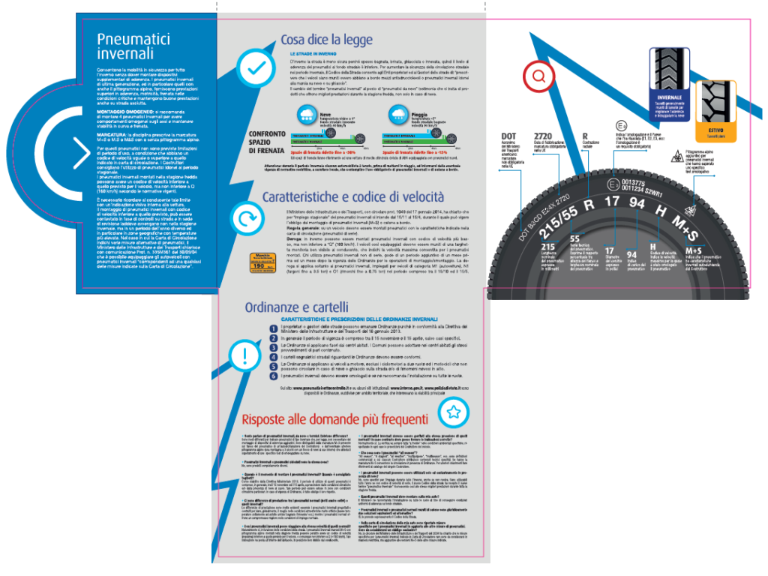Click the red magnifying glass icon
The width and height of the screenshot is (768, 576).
click(x=538, y=75)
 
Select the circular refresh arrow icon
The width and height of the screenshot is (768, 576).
click(x=244, y=220)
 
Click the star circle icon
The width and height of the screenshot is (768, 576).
click(x=453, y=412)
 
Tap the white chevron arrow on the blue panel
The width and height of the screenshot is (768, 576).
click(x=80, y=154)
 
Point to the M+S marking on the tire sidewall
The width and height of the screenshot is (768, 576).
click(x=691, y=223)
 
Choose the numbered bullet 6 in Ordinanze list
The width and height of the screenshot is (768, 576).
click(x=273, y=375)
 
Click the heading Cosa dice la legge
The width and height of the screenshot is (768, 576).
click(x=325, y=40)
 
